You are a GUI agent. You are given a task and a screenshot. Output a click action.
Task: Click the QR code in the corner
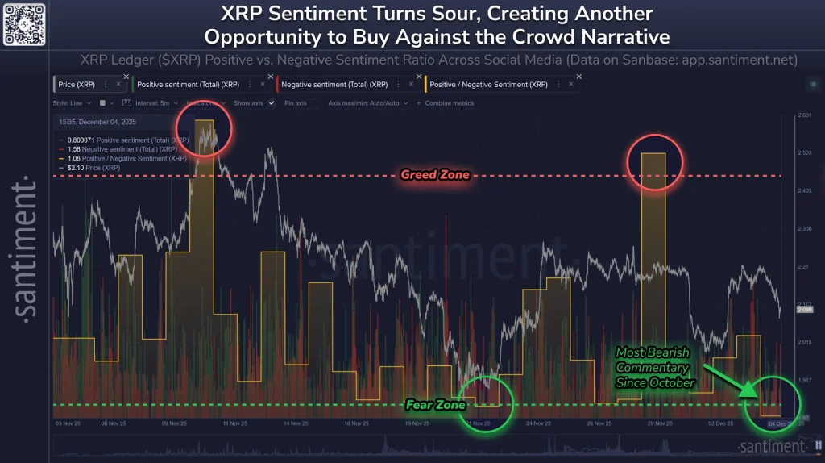(x=23, y=23)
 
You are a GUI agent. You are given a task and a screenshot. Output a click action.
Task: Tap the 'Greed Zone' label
(x=435, y=175)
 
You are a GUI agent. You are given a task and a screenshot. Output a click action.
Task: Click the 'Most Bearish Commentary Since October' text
(x=655, y=367)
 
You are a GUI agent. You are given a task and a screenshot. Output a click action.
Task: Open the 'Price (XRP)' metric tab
(x=76, y=84)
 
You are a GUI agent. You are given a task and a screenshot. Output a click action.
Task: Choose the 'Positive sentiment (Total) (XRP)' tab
(x=188, y=84)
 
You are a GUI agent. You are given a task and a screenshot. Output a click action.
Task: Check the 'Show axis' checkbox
(x=272, y=103)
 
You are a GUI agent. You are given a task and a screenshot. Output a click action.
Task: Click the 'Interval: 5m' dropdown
(x=154, y=103)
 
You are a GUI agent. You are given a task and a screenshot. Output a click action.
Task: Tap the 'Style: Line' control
(x=73, y=103)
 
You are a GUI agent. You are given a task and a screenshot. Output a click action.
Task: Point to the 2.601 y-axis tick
(x=803, y=115)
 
